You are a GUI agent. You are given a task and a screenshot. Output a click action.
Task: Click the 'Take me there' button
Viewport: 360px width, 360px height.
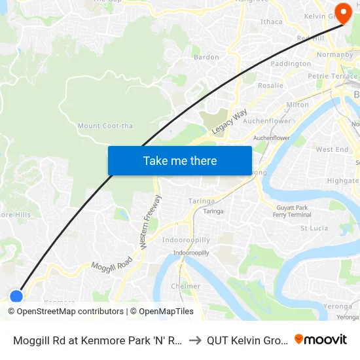(180, 160)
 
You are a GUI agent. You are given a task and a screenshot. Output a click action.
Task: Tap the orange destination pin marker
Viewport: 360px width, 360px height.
(343, 13)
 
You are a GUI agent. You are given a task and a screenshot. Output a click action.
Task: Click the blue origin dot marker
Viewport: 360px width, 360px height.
(16, 297)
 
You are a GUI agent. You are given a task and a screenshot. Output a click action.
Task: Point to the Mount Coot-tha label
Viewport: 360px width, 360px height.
(98, 126)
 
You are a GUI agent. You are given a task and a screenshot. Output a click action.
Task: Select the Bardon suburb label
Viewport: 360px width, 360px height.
(206, 57)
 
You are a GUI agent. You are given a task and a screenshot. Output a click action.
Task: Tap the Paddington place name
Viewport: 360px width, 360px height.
(291, 63)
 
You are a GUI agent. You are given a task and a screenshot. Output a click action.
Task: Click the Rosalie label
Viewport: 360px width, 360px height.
(270, 85)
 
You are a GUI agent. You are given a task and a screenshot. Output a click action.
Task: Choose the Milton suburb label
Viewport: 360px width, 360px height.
(298, 105)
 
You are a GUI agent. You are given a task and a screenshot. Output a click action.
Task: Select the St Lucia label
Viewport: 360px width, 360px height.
(314, 228)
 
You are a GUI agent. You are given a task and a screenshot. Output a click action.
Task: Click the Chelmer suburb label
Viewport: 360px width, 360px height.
(185, 286)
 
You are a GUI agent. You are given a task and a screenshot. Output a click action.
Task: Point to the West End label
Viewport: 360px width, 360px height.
(332, 149)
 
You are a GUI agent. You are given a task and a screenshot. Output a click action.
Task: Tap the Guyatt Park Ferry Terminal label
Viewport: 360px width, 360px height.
(292, 211)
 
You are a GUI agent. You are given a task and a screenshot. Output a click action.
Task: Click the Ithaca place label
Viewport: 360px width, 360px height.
(271, 22)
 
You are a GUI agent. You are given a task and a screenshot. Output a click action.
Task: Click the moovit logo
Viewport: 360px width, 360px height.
(321, 339)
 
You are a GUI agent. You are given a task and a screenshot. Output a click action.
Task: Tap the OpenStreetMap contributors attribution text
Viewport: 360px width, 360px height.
(71, 312)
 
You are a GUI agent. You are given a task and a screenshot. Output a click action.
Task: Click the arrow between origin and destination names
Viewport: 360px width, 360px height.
(195, 340)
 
